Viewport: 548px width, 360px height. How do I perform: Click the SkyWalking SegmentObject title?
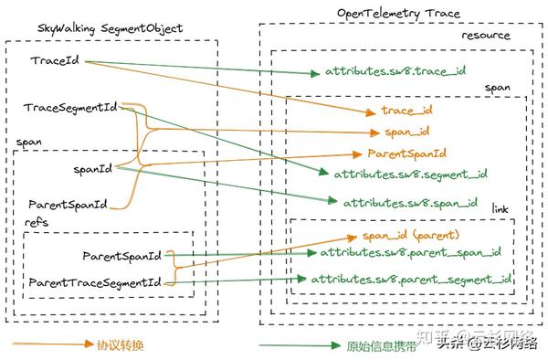pos(111,28)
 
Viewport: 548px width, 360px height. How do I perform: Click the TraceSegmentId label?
pos(70,109)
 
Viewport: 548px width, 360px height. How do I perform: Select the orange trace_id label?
pos(406,111)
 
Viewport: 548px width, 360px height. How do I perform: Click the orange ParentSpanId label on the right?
pos(406,153)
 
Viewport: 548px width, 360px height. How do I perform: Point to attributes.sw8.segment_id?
pos(410,173)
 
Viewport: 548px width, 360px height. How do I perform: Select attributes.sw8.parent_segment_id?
pos(410,278)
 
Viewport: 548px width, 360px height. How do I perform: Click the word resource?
pos(487,36)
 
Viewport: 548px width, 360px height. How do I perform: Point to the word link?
pos(500,210)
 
